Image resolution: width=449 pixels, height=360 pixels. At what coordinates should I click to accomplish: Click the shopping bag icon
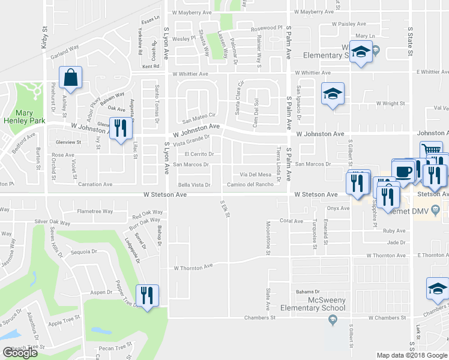click(71, 78)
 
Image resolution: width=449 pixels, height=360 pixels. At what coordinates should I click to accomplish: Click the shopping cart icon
click(431, 151)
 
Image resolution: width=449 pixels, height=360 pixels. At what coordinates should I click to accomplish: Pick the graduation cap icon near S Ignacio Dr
click(333, 94)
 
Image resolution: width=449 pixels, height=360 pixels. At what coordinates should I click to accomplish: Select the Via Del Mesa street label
click(257, 175)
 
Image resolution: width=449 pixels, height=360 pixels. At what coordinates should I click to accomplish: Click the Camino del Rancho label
click(250, 185)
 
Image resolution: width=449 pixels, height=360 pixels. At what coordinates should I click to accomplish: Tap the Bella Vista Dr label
click(194, 185)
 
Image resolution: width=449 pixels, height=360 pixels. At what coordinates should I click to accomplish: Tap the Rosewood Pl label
click(267, 28)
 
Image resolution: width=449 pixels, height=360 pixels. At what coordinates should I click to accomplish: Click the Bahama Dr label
click(310, 292)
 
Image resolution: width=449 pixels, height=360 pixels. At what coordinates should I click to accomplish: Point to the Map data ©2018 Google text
click(411, 355)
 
